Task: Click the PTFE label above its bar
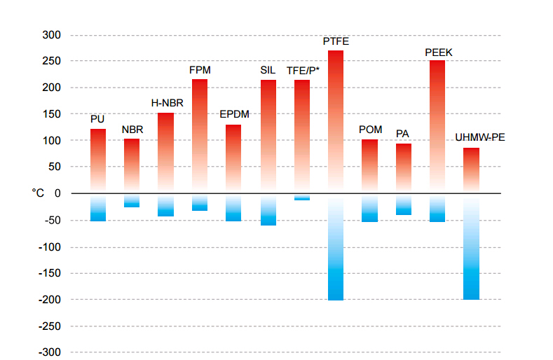tap(336, 41)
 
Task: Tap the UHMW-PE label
tap(480, 137)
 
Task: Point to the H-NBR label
tap(167, 103)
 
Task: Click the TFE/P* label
tap(303, 71)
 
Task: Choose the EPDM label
tap(234, 114)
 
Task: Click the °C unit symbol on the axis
tap(38, 193)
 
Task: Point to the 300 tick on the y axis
tap(51, 35)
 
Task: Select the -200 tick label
tap(49, 300)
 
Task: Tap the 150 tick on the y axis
tap(51, 114)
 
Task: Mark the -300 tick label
tap(49, 352)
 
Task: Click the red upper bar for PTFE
tap(336, 119)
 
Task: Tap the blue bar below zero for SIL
tap(268, 210)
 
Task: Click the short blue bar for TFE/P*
tap(302, 198)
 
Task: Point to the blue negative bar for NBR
tap(132, 201)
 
